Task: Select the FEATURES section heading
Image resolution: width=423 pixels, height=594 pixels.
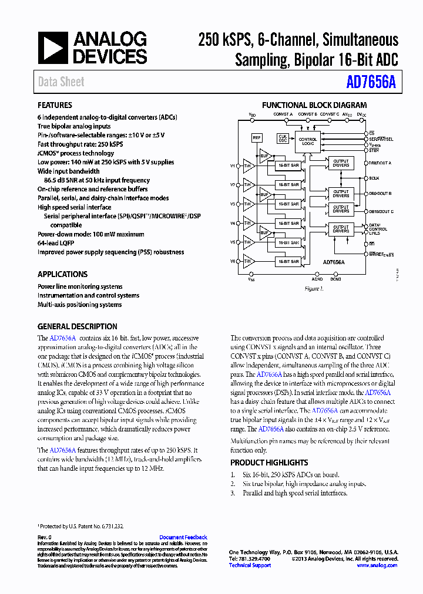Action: pyautogui.click(x=55, y=106)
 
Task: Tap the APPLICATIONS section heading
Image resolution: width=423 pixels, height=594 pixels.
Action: pyautogui.click(x=62, y=274)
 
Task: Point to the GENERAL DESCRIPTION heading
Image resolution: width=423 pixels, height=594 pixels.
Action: pyautogui.click(x=77, y=326)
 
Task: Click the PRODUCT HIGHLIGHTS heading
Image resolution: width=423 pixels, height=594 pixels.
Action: pyautogui.click(x=269, y=463)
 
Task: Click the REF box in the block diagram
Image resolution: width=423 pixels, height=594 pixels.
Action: pyautogui.click(x=257, y=138)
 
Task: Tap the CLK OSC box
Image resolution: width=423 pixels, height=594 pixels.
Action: pyautogui.click(x=283, y=138)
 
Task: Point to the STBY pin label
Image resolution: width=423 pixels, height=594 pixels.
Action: pyautogui.click(x=374, y=150)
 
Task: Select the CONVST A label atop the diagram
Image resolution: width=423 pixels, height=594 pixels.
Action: pyautogui.click(x=283, y=114)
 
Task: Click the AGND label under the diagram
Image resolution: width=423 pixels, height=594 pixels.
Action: pyautogui.click(x=317, y=280)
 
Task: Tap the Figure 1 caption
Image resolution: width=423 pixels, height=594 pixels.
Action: pyautogui.click(x=314, y=289)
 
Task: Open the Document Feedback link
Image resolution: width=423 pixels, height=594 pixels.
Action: pyautogui.click(x=183, y=537)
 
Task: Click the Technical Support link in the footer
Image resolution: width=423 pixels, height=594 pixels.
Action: pyautogui.click(x=250, y=565)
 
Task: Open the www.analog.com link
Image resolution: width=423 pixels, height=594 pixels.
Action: pyautogui.click(x=377, y=565)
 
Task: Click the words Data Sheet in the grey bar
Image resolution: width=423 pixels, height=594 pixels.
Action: pyautogui.click(x=61, y=82)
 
